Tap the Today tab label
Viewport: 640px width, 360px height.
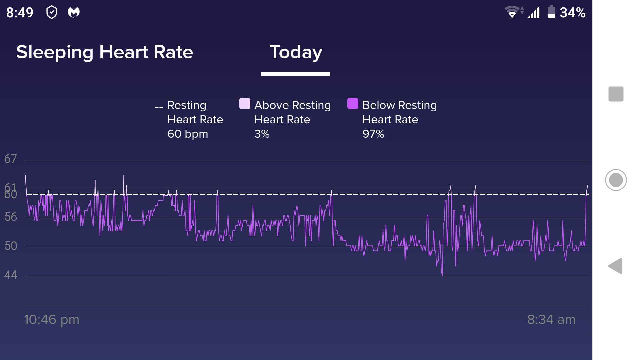coord(296,52)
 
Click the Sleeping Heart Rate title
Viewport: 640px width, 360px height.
coord(105,52)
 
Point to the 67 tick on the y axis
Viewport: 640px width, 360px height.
coord(10,159)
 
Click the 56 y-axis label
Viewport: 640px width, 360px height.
coord(11,217)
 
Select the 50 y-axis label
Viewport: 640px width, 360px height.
coord(11,246)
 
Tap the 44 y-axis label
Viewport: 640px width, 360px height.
coord(11,275)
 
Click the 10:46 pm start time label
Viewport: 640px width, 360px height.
coord(52,320)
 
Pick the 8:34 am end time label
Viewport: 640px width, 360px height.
coord(551,320)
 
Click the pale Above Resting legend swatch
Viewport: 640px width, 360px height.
coord(245,104)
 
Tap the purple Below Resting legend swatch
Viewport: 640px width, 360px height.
coord(353,104)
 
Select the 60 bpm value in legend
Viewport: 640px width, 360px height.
coord(188,134)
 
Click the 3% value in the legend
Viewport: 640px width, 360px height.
coord(262,134)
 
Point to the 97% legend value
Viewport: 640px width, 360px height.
coord(373,134)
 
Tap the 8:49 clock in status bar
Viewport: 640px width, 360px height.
coord(20,13)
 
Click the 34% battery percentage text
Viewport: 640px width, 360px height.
coord(573,13)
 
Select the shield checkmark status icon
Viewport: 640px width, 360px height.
coord(52,13)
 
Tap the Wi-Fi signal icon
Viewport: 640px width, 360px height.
coord(512,12)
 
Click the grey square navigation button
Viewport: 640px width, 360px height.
coord(616,94)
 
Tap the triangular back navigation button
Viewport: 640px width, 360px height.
coord(615,266)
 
